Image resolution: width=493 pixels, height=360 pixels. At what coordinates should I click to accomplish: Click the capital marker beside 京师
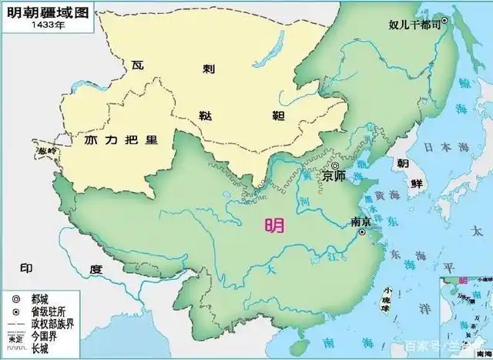tap(335, 165)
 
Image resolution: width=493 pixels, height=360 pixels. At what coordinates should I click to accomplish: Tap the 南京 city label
tap(362, 221)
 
